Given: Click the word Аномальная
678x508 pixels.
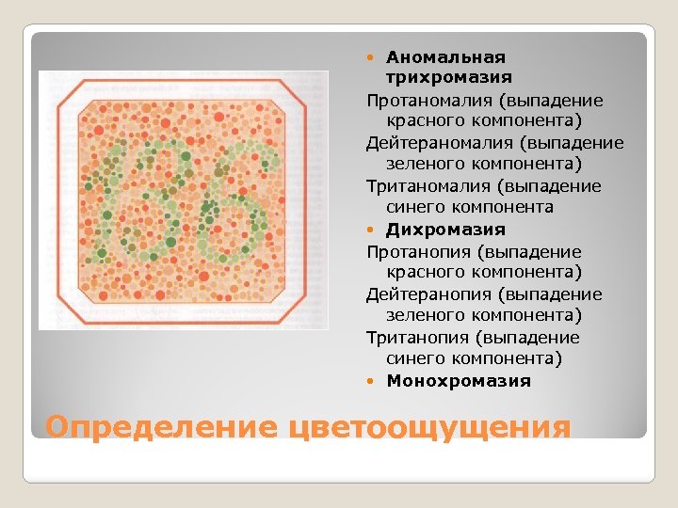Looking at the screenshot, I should pos(445,57).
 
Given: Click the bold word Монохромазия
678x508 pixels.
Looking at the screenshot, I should pos(459,381).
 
